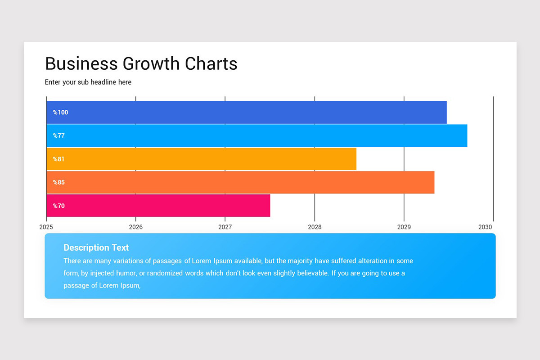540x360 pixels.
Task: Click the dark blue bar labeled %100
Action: point(247,112)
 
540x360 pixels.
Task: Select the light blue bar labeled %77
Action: point(256,136)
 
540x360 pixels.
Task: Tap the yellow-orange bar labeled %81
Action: point(201,159)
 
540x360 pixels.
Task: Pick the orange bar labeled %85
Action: point(240,183)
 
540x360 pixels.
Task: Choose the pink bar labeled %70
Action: point(158,206)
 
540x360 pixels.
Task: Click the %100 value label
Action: point(60,112)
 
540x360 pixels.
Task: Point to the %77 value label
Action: point(59,136)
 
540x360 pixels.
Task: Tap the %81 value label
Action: point(59,159)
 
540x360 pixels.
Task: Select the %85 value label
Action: point(59,183)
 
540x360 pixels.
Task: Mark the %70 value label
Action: point(59,206)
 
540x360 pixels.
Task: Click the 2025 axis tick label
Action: point(46,227)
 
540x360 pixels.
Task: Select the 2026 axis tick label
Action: point(135,227)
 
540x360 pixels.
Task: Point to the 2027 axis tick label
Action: point(225,227)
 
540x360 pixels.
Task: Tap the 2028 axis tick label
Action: point(315,227)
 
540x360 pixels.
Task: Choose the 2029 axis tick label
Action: point(404,227)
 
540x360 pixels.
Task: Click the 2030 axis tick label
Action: point(485,227)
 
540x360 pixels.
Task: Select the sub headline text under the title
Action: point(88,82)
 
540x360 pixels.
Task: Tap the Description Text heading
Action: point(96,247)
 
